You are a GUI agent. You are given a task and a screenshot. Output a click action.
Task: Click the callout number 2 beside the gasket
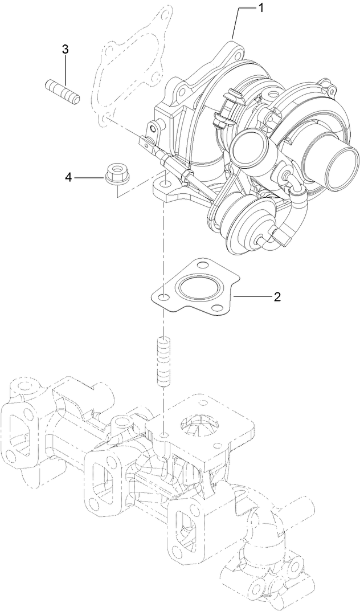click(x=277, y=296)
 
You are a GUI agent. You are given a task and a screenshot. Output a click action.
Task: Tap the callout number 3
click(x=66, y=50)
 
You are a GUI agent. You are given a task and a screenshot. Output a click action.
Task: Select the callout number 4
click(x=68, y=178)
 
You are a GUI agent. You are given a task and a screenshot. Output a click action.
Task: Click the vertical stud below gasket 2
click(x=163, y=362)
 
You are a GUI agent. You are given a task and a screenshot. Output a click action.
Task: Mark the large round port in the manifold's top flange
click(x=197, y=423)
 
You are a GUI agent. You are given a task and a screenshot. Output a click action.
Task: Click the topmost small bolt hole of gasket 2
click(x=202, y=264)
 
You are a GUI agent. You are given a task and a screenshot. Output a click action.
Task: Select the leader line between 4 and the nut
click(x=88, y=178)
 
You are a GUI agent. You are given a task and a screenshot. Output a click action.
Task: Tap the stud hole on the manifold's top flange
click(x=163, y=435)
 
